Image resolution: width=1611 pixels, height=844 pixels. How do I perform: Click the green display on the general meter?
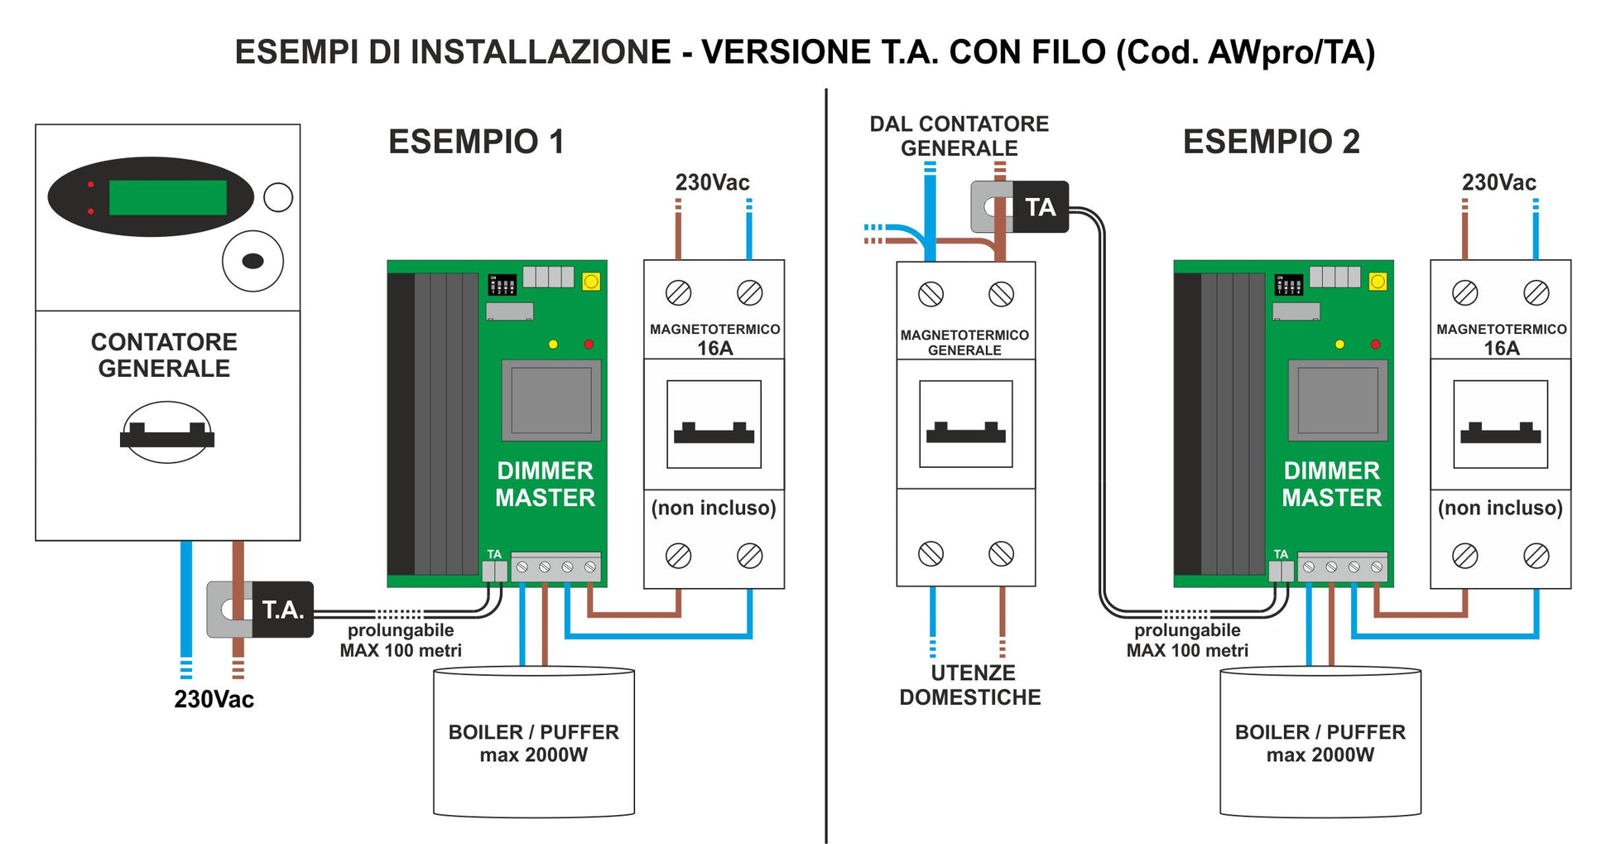click(x=168, y=198)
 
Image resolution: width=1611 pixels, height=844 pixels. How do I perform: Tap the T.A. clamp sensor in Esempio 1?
click(x=260, y=610)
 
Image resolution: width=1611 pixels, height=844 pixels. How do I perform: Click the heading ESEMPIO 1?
click(x=476, y=142)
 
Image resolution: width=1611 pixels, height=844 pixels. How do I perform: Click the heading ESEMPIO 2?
click(x=1271, y=142)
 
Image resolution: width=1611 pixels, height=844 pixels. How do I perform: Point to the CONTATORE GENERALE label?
click(x=164, y=355)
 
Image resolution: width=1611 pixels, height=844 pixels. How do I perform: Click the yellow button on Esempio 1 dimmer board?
click(x=591, y=282)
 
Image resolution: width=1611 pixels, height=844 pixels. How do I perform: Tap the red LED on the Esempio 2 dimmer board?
click(x=1375, y=345)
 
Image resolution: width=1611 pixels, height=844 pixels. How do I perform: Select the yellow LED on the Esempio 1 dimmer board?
click(x=553, y=345)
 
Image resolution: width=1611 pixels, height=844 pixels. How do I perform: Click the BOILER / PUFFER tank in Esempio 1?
click(x=534, y=742)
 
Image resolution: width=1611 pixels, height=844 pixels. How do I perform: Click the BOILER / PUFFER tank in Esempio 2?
click(x=1320, y=742)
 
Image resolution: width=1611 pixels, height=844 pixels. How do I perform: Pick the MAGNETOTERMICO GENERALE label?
click(x=964, y=342)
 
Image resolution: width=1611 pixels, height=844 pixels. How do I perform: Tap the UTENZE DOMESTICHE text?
click(x=970, y=685)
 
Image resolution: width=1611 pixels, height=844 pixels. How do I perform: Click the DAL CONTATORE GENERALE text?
click(x=959, y=136)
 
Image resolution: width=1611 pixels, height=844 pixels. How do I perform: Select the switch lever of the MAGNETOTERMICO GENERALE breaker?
click(x=965, y=433)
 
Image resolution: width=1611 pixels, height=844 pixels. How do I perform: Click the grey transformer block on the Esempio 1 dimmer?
click(x=551, y=401)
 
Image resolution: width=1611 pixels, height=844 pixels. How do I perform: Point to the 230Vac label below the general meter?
click(x=214, y=699)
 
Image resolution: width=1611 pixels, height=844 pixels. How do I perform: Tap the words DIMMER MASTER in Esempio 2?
click(x=1331, y=484)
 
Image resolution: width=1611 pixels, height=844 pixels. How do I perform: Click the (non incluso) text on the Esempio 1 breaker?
click(x=714, y=508)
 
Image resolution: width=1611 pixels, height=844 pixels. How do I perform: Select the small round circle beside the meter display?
click(x=278, y=197)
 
